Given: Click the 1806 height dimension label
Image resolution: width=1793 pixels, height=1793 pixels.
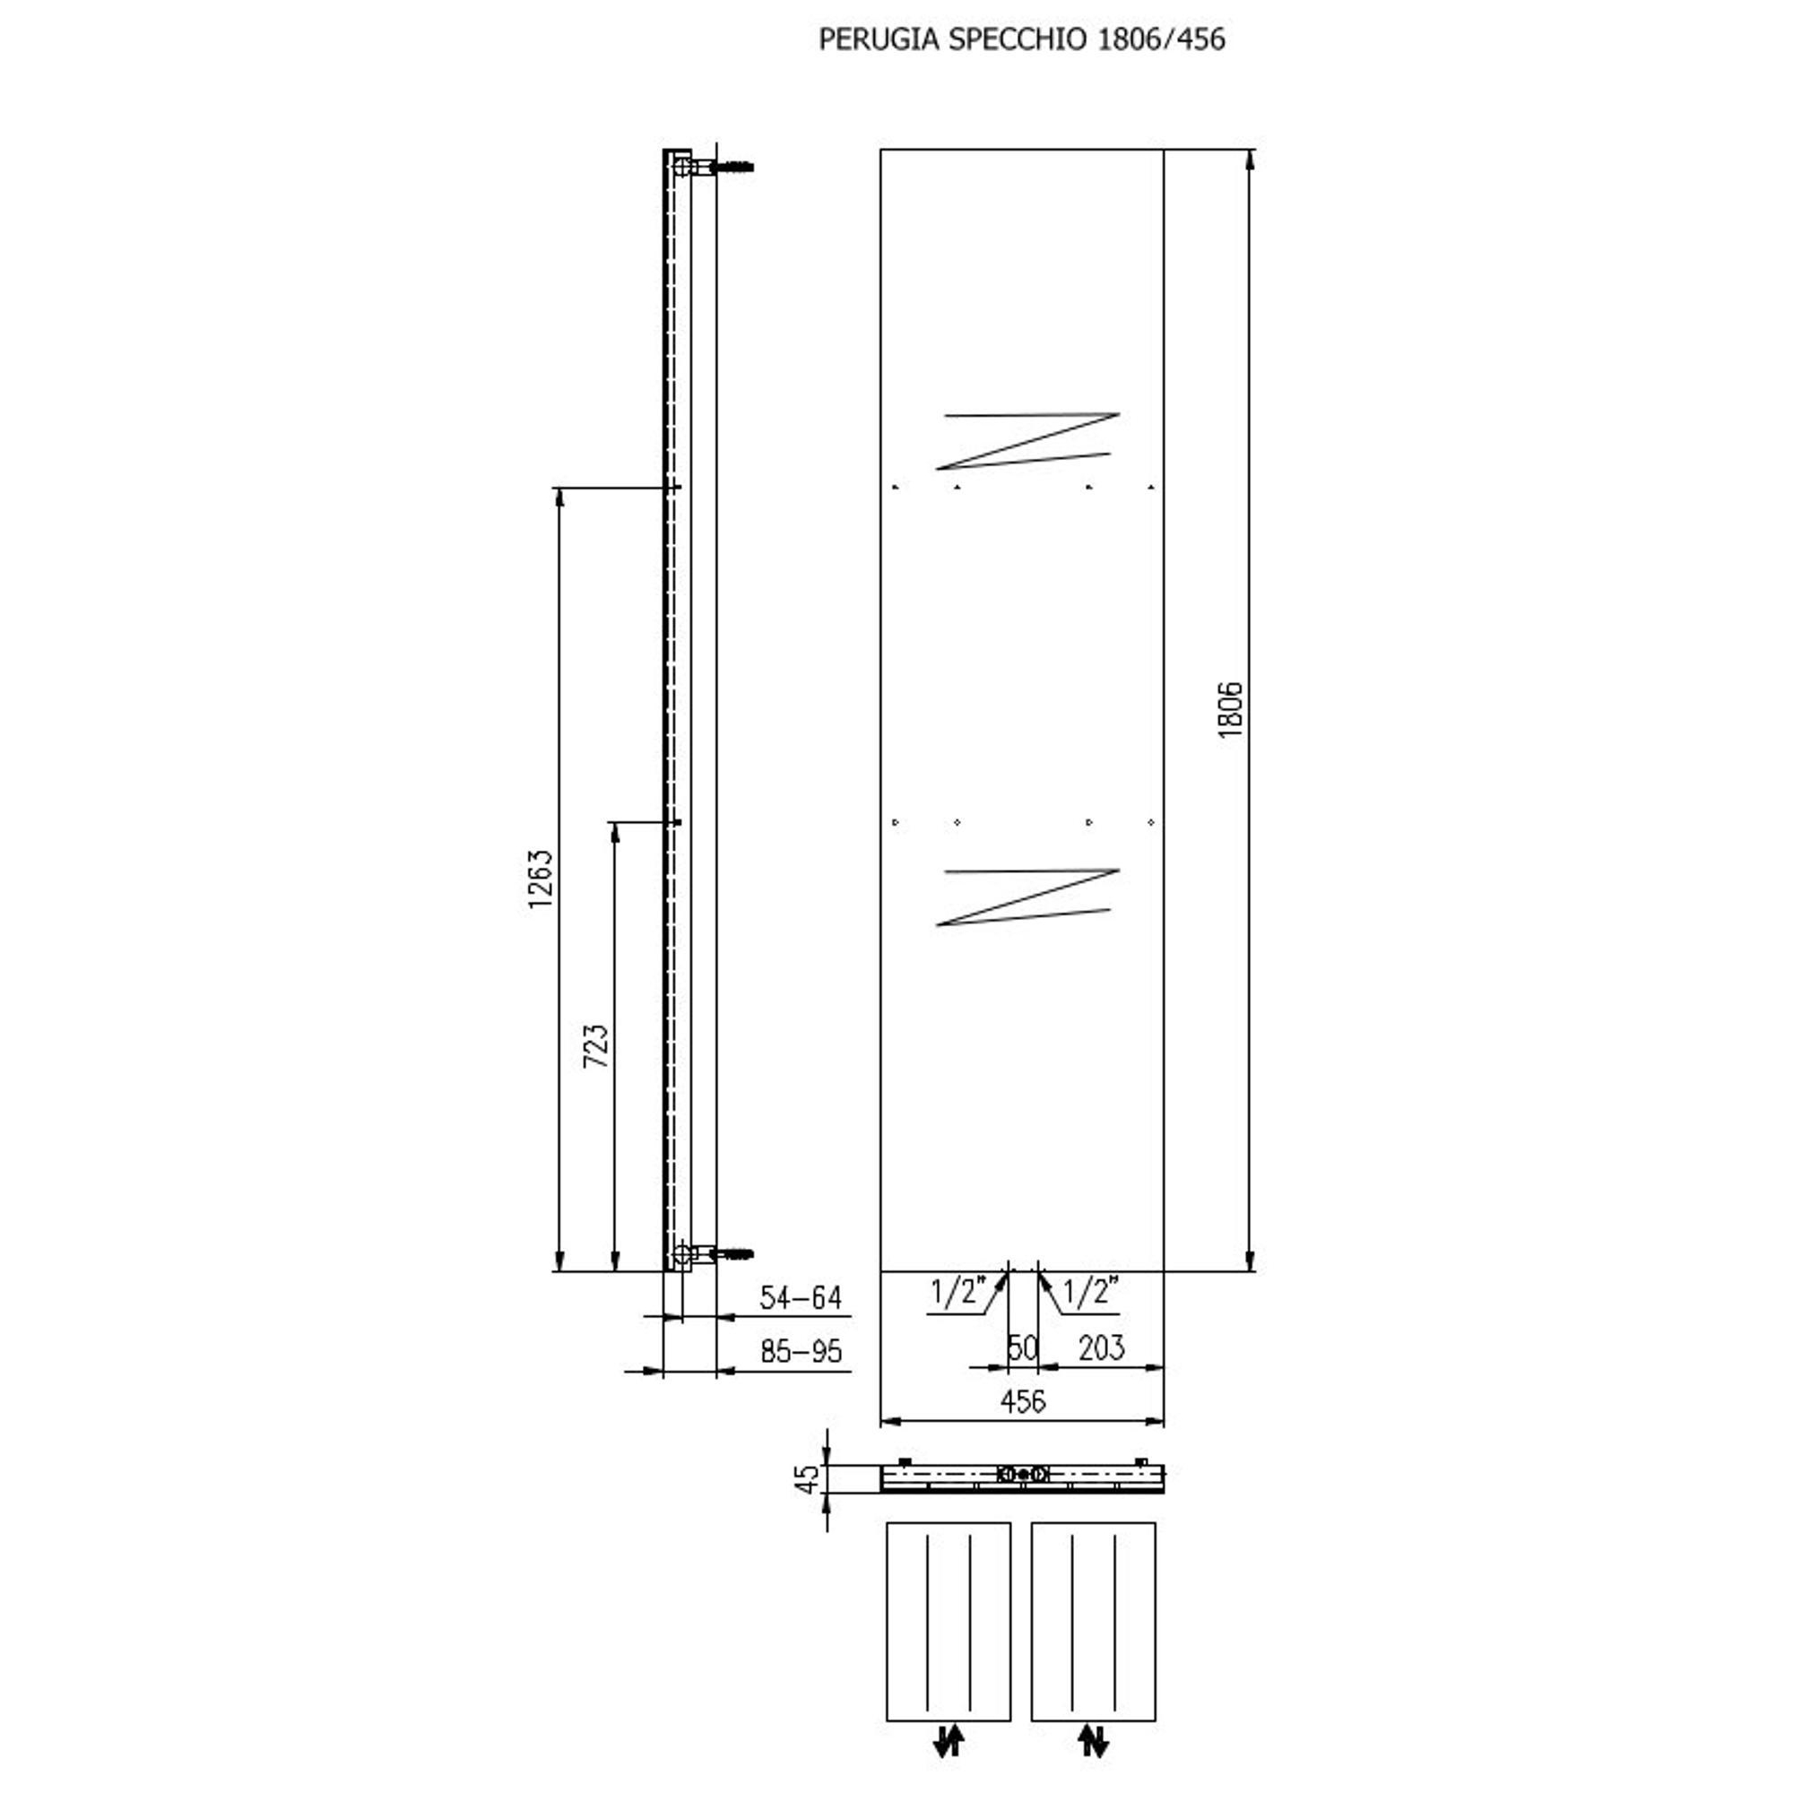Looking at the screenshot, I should (x=1230, y=709).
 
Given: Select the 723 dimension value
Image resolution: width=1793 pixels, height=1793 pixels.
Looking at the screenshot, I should (x=596, y=1046).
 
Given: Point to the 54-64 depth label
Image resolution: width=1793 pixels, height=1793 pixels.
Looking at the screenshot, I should (x=800, y=1297).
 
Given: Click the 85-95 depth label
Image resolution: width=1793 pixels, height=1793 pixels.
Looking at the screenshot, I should (x=800, y=1351).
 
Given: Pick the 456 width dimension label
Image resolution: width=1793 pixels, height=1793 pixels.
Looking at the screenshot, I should (x=1023, y=1401).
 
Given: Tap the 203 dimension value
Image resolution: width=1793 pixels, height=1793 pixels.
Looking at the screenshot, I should (x=1102, y=1347).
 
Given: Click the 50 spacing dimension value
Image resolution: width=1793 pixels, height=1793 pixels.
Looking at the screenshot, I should (x=1022, y=1347).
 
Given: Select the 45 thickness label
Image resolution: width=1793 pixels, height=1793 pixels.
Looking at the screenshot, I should (x=809, y=1478).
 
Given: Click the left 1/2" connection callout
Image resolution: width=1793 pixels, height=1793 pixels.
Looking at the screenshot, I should (x=955, y=1292).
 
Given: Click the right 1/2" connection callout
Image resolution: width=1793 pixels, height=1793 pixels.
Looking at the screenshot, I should (x=1088, y=1292).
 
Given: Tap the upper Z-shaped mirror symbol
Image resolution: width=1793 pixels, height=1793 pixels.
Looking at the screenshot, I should (x=1027, y=441).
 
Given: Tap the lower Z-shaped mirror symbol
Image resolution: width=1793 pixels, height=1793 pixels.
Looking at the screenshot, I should (x=1027, y=897).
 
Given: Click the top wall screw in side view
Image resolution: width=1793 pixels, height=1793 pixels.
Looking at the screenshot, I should (x=733, y=168).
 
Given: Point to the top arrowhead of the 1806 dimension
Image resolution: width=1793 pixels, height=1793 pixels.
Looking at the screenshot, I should (x=1250, y=160).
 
